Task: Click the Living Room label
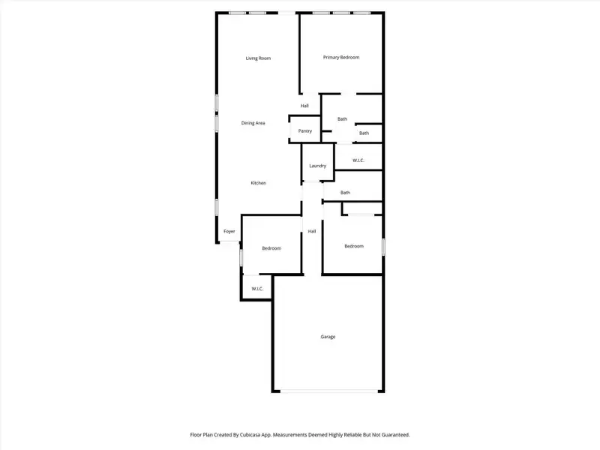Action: click(258, 58)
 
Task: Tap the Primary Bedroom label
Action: click(341, 57)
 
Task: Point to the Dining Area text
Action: click(253, 123)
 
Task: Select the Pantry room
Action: click(304, 130)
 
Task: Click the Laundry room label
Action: click(317, 165)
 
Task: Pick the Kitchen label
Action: click(258, 183)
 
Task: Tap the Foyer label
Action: click(229, 231)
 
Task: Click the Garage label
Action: click(328, 337)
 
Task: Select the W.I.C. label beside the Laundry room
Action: click(358, 160)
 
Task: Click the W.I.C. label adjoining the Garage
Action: click(256, 289)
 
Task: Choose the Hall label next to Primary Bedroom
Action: click(304, 106)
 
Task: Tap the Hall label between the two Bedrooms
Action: click(311, 231)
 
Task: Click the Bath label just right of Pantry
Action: click(342, 118)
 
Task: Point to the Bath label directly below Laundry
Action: click(345, 193)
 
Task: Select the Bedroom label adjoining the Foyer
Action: click(271, 248)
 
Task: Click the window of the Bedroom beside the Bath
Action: click(383, 246)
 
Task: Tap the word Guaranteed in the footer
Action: click(394, 434)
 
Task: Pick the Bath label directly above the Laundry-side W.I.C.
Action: click(364, 133)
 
